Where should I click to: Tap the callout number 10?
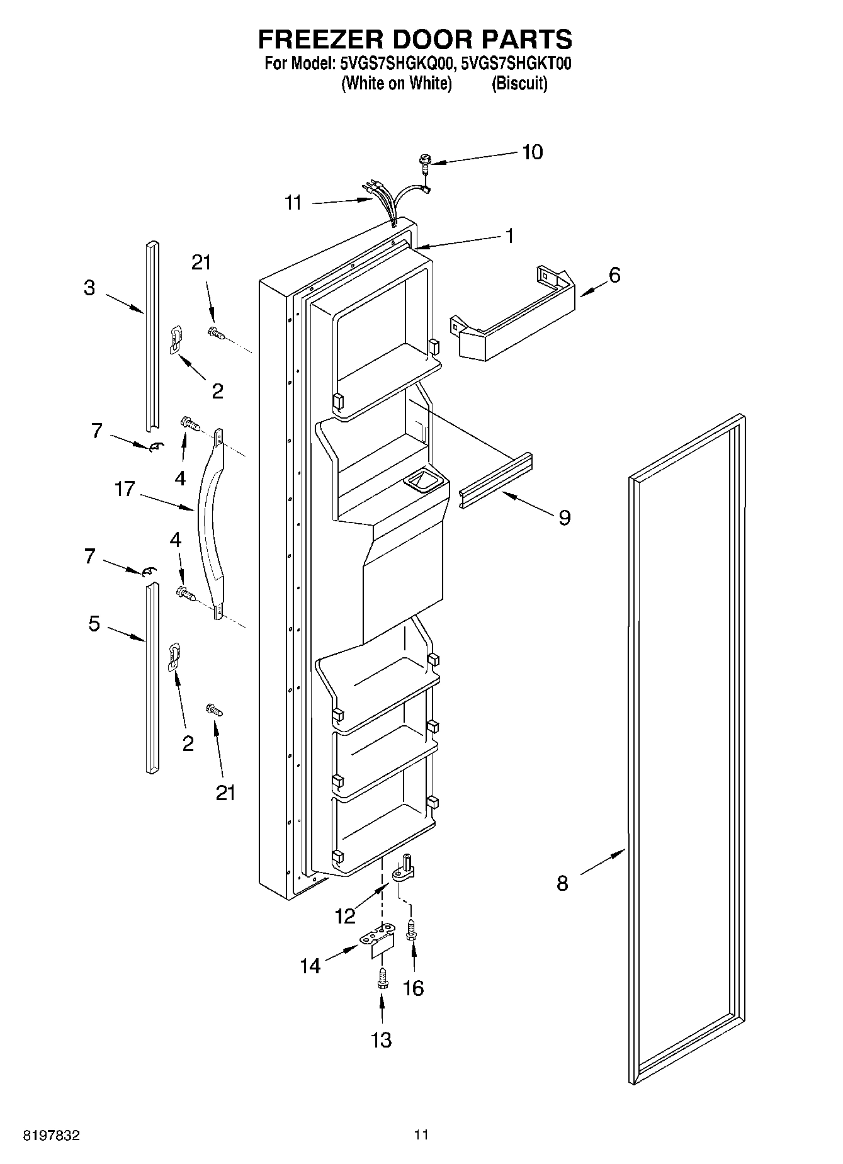(x=533, y=152)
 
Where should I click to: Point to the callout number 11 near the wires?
(x=293, y=203)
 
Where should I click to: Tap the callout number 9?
(x=564, y=517)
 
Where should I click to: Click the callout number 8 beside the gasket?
(x=562, y=883)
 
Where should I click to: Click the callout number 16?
(x=413, y=988)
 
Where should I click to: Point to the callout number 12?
(x=345, y=916)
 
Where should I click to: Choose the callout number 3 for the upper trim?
(x=89, y=288)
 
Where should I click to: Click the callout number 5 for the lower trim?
(x=94, y=624)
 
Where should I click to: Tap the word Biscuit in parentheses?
(x=519, y=83)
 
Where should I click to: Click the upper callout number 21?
(x=201, y=263)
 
